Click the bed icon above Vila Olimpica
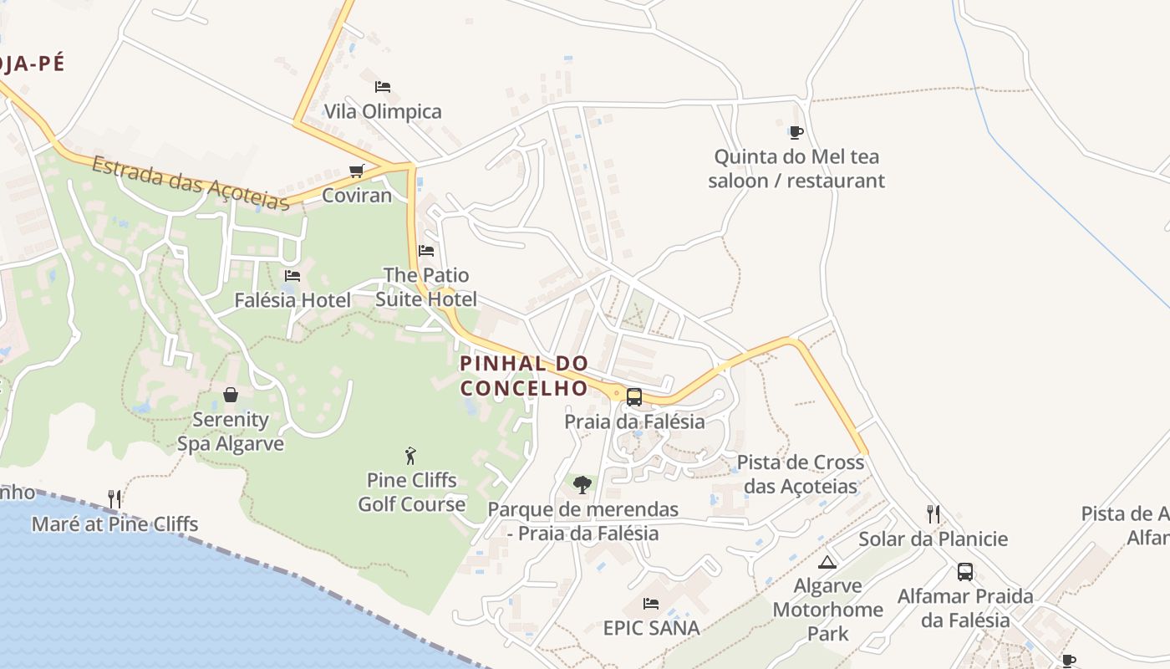pyautogui.click(x=383, y=87)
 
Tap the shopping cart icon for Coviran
pyautogui.click(x=357, y=171)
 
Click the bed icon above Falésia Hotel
pyautogui.click(x=292, y=275)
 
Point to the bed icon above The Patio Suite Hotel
pyautogui.click(x=426, y=250)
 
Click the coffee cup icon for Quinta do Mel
pyautogui.click(x=796, y=132)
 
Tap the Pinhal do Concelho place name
pyautogui.click(x=524, y=375)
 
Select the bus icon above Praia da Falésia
pyautogui.click(x=634, y=397)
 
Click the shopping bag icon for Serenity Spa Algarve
pyautogui.click(x=231, y=395)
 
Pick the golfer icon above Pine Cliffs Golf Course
pyautogui.click(x=410, y=456)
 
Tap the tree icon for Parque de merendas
pyautogui.click(x=582, y=484)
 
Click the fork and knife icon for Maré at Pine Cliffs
pyautogui.click(x=114, y=499)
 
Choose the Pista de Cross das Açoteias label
pyautogui.click(x=801, y=474)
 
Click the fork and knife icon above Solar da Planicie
pyautogui.click(x=933, y=514)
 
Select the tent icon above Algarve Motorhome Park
pyautogui.click(x=827, y=562)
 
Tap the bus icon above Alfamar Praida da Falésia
pyautogui.click(x=965, y=572)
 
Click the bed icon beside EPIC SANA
pyautogui.click(x=651, y=603)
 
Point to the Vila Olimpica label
pyautogui.click(x=383, y=111)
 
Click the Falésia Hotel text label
pyautogui.click(x=292, y=299)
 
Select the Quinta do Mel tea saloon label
pyautogui.click(x=796, y=168)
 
